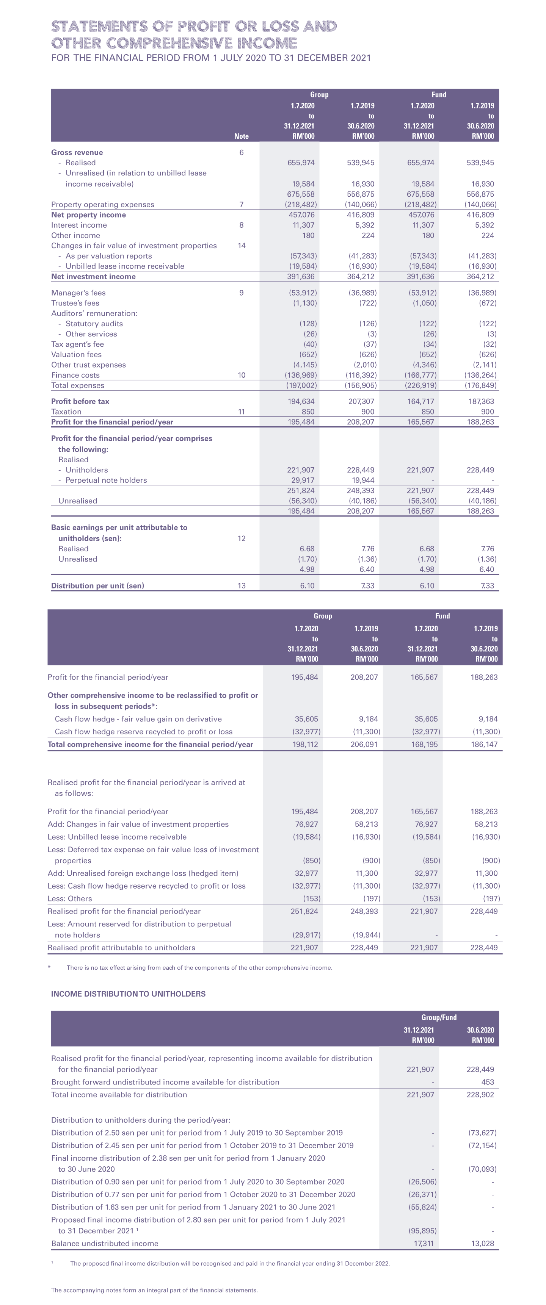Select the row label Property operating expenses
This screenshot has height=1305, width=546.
pyautogui.click(x=102, y=205)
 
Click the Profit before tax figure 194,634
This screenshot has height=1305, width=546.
pyautogui.click(x=301, y=402)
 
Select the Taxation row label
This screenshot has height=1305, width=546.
pyautogui.click(x=66, y=412)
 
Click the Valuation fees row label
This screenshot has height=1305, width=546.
pyautogui.click(x=77, y=355)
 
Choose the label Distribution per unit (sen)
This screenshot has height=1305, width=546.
pyautogui.click(x=97, y=586)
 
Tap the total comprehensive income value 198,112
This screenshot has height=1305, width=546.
pyautogui.click(x=305, y=745)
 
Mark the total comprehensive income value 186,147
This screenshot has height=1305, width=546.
pyautogui.click(x=484, y=745)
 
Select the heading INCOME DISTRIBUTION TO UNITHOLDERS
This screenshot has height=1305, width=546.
pyautogui.click(x=128, y=994)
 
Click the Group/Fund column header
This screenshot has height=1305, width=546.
pyautogui.click(x=439, y=1017)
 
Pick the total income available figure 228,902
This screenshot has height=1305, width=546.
pyautogui.click(x=480, y=1095)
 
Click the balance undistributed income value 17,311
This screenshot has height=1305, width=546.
pyautogui.click(x=424, y=1243)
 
